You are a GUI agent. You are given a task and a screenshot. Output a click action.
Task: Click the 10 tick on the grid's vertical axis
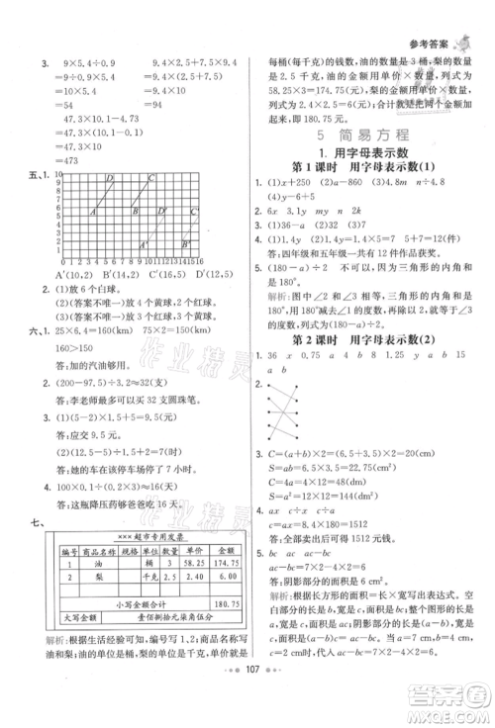coord(57,174)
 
